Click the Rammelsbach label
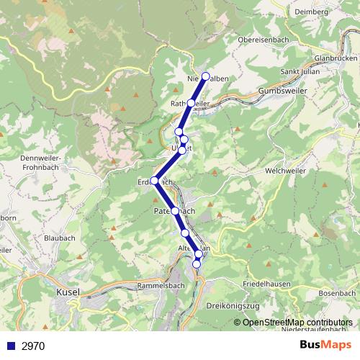click(161, 285)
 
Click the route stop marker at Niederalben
click(206, 76)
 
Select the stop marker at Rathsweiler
click(190, 104)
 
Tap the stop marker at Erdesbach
click(154, 181)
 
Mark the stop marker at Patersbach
click(175, 211)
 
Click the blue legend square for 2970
click(9, 346)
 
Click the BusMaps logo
click(325, 346)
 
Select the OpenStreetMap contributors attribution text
click(297, 323)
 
